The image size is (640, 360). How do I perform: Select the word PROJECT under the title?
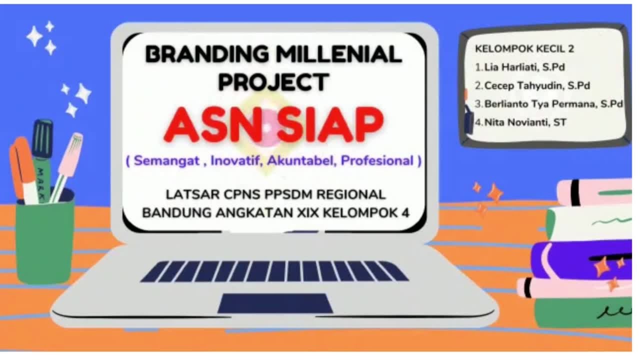pos(273,82)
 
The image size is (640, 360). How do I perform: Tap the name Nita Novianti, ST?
pos(525,122)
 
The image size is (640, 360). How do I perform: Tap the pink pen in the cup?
pos(67,160)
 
